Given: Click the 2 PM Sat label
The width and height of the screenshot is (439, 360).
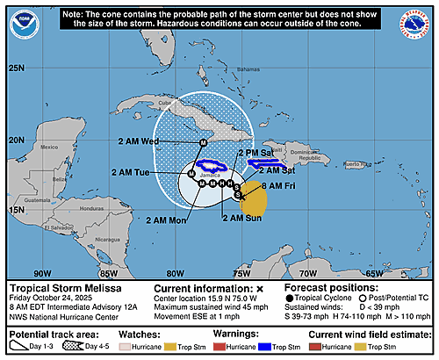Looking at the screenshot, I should (x=257, y=153).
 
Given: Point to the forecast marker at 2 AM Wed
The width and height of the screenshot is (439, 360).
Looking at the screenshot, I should (x=203, y=142).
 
